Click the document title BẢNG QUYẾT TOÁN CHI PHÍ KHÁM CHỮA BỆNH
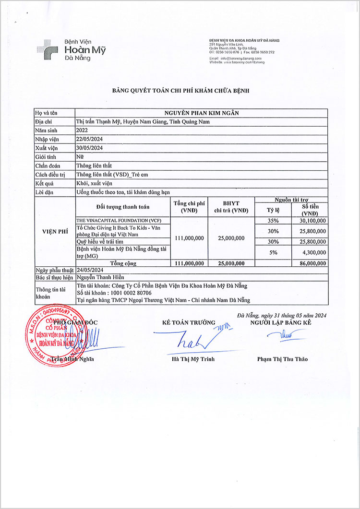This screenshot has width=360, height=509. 180,90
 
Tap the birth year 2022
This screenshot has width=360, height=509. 82,130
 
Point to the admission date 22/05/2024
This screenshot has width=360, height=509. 90,139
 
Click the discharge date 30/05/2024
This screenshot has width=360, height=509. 90,148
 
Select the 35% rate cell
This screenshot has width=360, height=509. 273,220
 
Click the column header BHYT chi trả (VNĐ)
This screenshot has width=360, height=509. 231,207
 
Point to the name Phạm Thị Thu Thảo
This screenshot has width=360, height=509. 282,359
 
